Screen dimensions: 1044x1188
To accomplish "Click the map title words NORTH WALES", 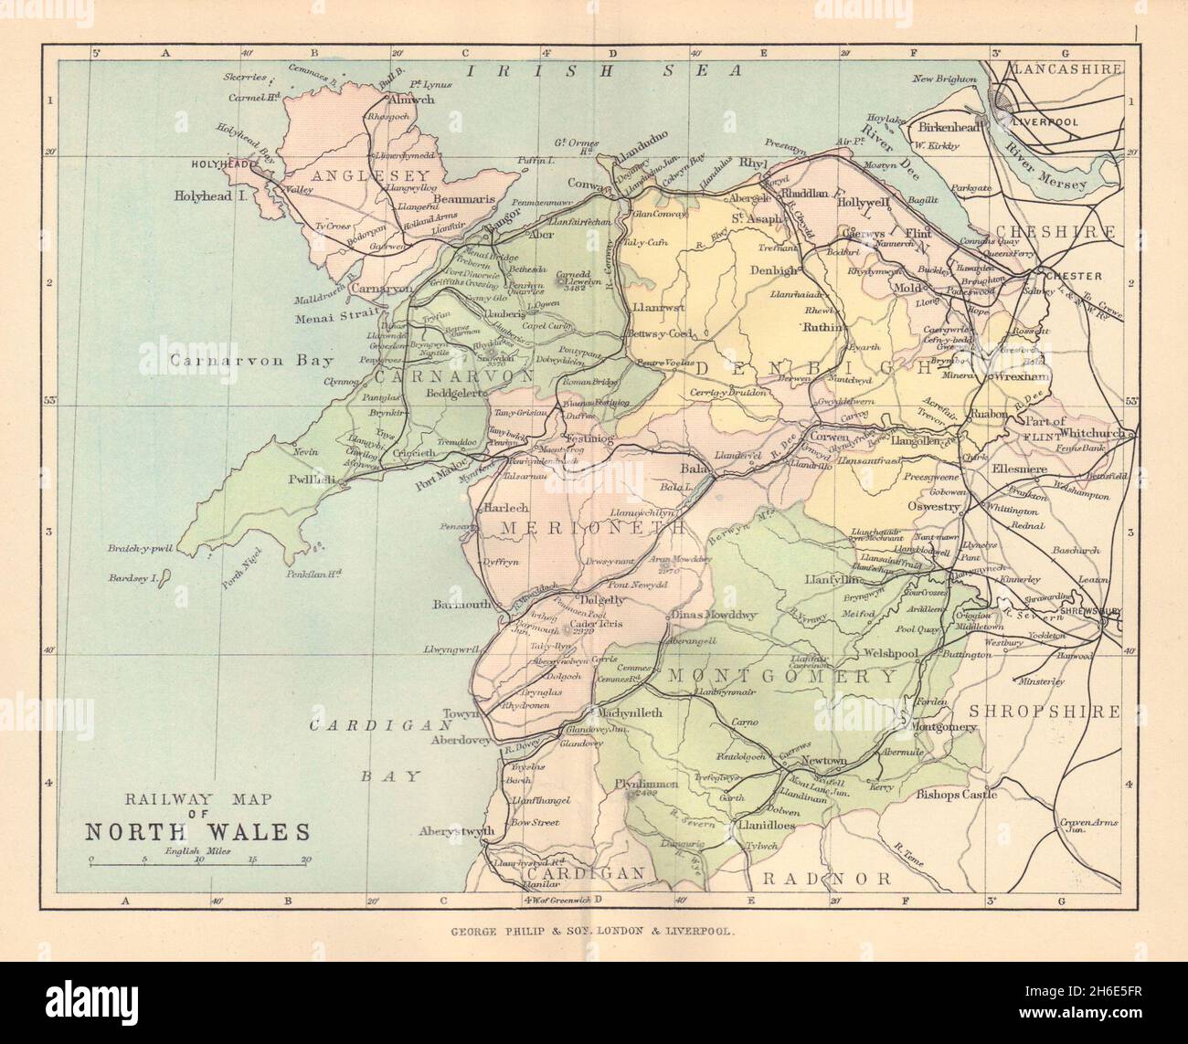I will [x=197, y=831].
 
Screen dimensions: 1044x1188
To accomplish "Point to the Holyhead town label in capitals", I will [x=222, y=165].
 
